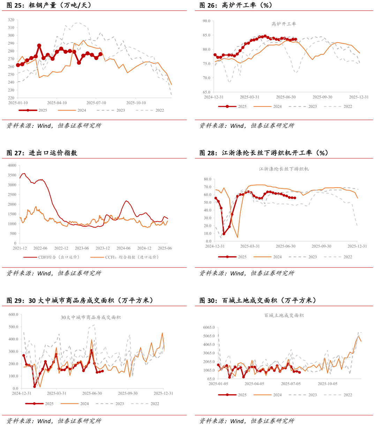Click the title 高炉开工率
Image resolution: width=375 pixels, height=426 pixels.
284,24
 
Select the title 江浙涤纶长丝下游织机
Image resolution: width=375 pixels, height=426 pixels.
284,169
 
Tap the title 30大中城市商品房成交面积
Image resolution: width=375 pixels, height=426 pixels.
91,317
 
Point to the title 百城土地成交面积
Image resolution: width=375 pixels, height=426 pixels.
284,315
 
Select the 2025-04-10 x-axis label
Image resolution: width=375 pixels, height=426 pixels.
57,103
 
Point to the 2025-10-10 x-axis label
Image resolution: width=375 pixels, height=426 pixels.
136,103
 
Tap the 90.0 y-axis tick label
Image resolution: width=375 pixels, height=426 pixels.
206,21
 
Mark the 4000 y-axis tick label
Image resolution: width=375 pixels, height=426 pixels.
12,165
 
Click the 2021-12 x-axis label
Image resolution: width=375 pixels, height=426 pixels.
20,248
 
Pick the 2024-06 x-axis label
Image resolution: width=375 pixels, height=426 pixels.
123,248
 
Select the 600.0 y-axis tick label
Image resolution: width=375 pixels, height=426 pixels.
13,315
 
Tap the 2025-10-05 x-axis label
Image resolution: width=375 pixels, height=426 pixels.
328,384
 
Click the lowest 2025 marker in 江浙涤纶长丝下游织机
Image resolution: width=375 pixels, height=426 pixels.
224,234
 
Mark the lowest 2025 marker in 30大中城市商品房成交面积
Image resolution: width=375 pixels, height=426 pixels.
35,387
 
